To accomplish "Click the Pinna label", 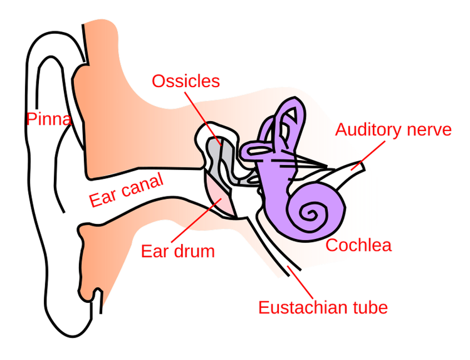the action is (49, 119).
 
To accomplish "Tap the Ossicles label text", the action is (186, 81).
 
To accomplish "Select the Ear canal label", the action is (126, 190).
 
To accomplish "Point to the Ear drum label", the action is (178, 251).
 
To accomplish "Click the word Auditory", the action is (368, 130).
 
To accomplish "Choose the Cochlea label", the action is (358, 245).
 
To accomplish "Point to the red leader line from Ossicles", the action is (203, 119).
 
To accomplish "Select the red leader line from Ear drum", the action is (196, 220).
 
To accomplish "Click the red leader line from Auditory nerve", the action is (368, 156).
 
